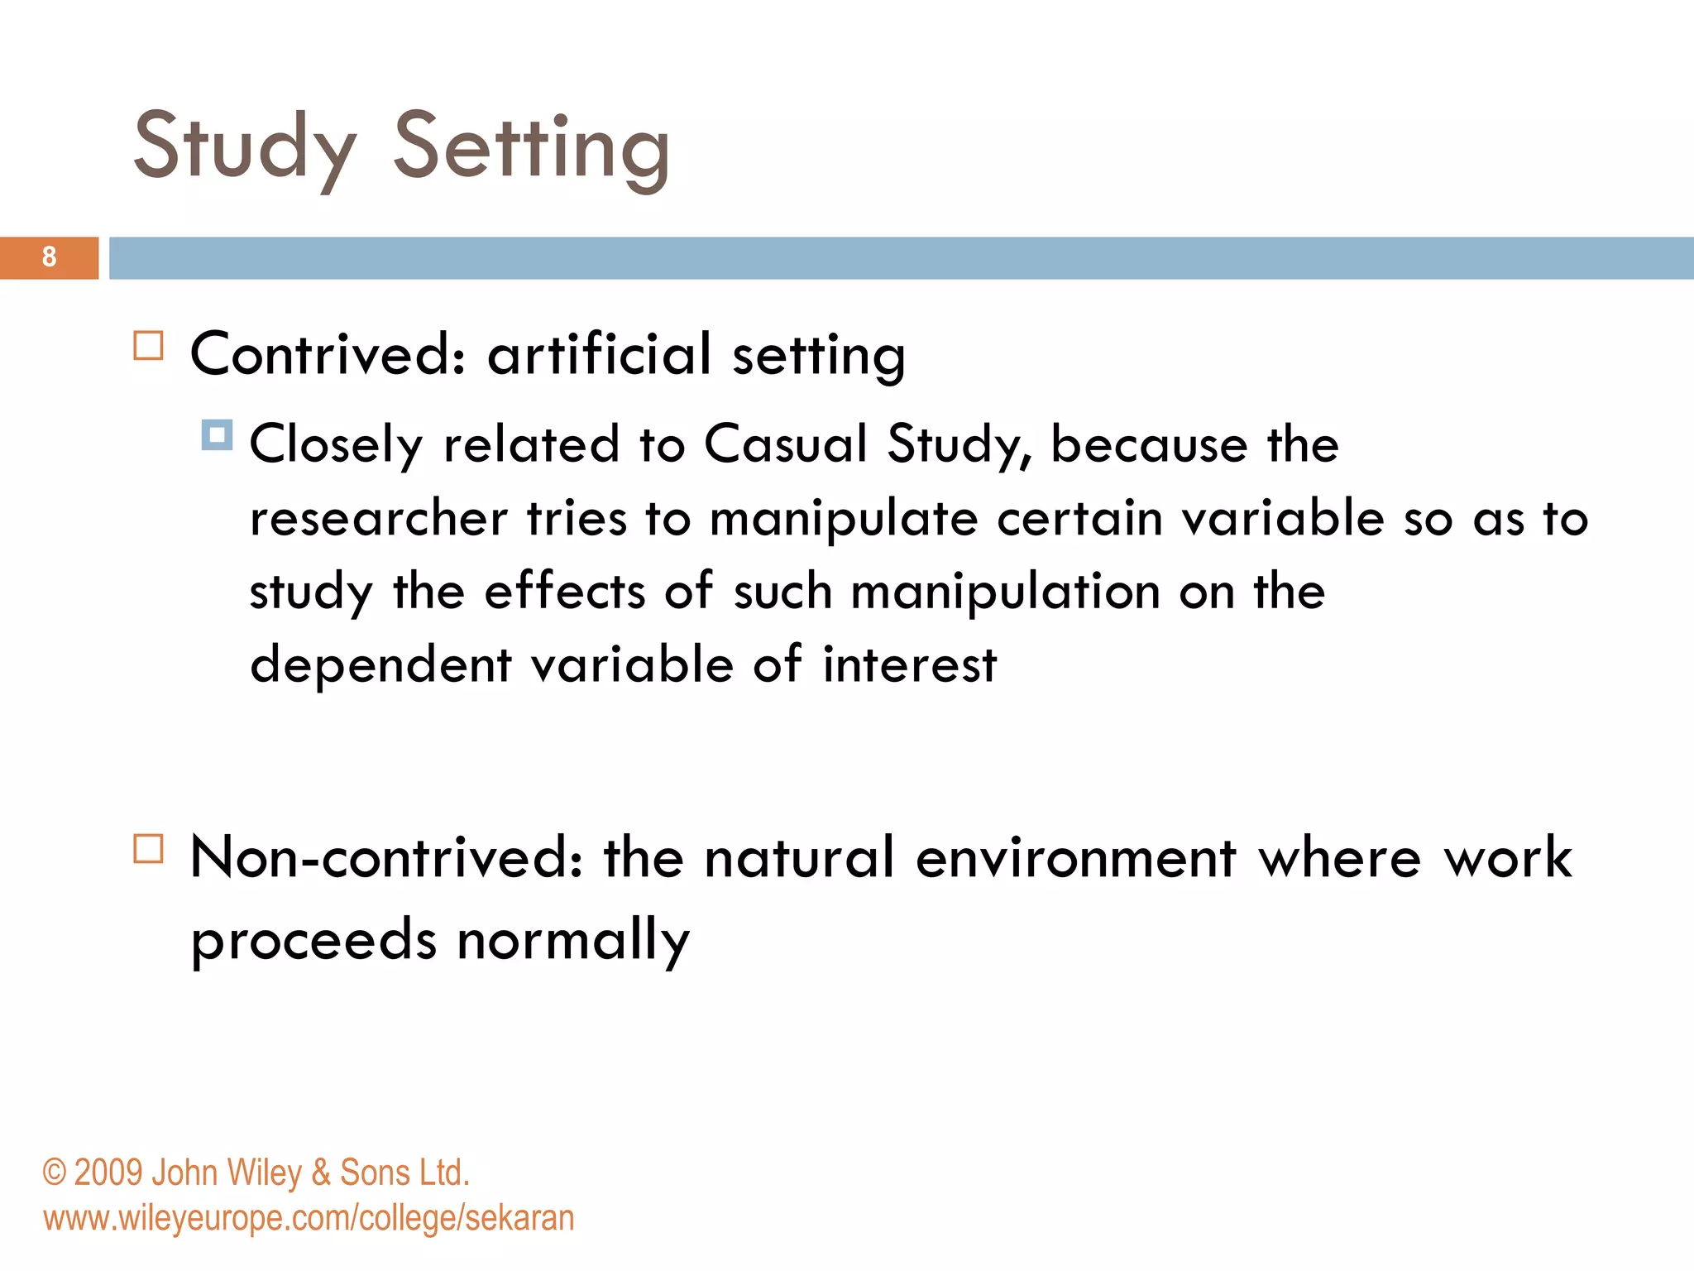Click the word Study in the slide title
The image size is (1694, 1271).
click(245, 147)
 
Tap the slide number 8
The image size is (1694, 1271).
click(50, 257)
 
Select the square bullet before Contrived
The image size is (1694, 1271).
click(149, 346)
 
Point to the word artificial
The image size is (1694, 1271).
click(599, 355)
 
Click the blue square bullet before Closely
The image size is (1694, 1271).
click(217, 435)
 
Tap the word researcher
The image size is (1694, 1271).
click(379, 519)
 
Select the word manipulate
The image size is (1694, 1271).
click(844, 519)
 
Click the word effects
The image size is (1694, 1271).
click(564, 592)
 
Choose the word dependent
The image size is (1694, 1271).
click(380, 665)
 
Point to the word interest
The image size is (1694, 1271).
click(910, 665)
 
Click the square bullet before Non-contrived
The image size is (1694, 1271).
click(149, 849)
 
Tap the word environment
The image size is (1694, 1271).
click(1076, 858)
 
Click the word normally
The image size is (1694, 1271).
click(573, 941)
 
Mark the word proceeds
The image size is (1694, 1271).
click(313, 941)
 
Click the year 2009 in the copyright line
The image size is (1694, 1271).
click(108, 1173)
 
